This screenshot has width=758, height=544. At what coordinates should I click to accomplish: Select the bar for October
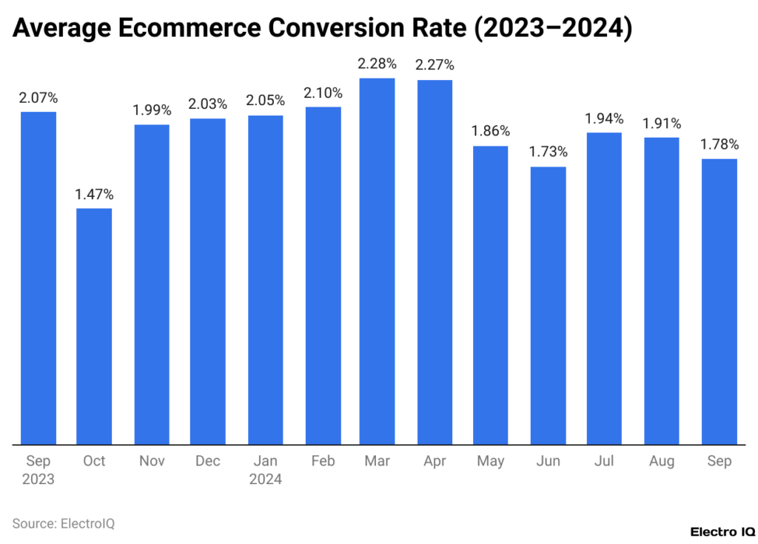(94, 326)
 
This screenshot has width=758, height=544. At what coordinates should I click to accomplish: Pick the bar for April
(435, 262)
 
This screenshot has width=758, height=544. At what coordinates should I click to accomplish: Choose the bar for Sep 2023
(38, 278)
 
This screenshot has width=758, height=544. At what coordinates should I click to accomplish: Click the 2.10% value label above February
(323, 93)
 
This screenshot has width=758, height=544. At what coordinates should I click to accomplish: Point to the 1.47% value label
(94, 195)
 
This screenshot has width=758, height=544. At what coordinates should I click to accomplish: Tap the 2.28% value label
(377, 64)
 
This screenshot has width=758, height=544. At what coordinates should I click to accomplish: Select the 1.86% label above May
(491, 132)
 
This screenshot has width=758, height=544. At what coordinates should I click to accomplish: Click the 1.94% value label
(604, 118)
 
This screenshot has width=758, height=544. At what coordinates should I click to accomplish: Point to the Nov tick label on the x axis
(151, 461)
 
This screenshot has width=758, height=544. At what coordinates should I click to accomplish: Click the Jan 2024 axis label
(265, 470)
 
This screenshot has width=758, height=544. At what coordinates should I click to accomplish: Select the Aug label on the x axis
(661, 461)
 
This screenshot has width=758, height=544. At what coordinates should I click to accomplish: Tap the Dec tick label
(208, 461)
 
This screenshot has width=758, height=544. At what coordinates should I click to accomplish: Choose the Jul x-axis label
(604, 461)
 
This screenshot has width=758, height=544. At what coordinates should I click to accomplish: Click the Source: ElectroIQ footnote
(64, 524)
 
